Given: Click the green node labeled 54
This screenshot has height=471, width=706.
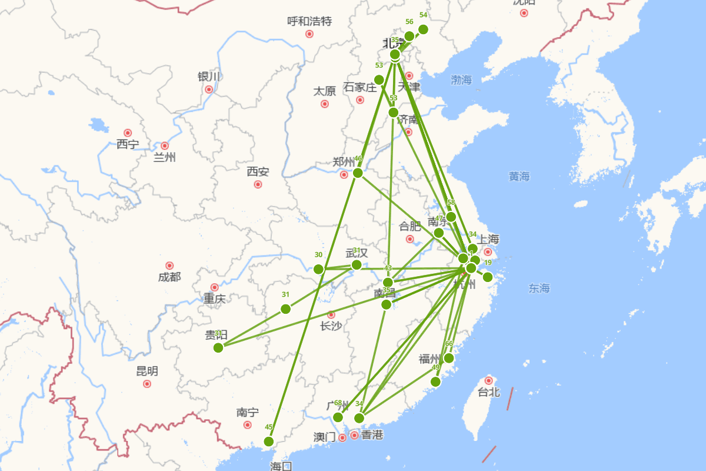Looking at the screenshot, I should click(423, 29).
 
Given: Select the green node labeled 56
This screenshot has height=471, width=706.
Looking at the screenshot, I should click(409, 37).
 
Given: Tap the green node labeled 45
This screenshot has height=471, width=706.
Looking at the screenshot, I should click(269, 442).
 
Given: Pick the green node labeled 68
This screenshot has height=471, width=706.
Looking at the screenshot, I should click(338, 417).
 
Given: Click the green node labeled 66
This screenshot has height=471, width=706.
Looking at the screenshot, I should click(449, 358).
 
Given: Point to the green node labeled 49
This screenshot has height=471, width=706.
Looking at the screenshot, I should click(435, 382).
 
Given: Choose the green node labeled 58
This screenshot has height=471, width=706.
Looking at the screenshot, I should click(451, 217).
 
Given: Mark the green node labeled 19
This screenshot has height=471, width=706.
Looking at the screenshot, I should click(488, 277).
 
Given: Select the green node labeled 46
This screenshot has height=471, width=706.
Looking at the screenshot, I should click(358, 173).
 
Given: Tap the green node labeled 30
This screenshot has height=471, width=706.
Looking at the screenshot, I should click(319, 269).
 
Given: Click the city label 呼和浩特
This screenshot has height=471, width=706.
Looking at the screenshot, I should click(309, 22).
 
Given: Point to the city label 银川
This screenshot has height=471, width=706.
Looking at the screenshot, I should click(209, 77).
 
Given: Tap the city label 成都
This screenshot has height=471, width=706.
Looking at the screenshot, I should click(169, 277).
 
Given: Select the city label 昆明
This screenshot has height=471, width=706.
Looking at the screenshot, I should click(147, 372).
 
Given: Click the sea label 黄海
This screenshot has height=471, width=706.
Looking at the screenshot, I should click(519, 176).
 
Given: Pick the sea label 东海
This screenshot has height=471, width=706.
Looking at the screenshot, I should click(539, 288).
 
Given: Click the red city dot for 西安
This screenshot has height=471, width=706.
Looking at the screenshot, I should click(258, 184).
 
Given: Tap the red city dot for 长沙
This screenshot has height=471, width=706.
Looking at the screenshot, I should click(331, 315).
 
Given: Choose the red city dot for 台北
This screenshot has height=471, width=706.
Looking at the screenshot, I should click(488, 381).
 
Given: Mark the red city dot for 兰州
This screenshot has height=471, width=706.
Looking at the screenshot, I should click(165, 145).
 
